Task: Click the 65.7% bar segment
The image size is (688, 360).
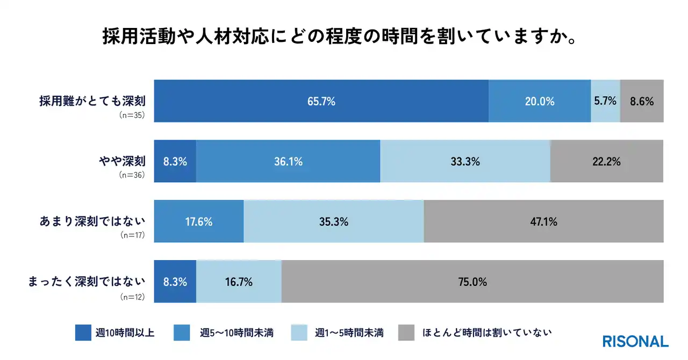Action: click(321, 101)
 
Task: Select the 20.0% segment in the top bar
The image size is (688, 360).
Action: click(540, 101)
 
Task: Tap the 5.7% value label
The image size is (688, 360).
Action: click(605, 100)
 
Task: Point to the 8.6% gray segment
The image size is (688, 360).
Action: click(642, 101)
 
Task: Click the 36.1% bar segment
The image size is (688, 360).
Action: click(288, 161)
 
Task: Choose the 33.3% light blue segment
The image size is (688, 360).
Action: click(465, 161)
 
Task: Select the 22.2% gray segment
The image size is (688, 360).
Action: click(607, 161)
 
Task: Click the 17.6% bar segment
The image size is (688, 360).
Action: click(199, 221)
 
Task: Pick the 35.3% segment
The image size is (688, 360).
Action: click(334, 221)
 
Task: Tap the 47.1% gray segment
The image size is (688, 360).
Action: click(543, 221)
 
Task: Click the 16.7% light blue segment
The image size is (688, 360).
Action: click(239, 282)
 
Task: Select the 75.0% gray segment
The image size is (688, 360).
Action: click(472, 282)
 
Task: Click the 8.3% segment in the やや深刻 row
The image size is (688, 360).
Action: click(175, 161)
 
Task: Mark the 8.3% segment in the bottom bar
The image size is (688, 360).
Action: click(175, 282)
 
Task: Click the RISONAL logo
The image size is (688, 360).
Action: click(635, 341)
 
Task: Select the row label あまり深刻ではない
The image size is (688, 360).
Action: click(92, 221)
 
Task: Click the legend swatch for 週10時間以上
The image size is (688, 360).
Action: click(83, 333)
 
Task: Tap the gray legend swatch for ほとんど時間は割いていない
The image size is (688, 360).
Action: click(407, 333)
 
